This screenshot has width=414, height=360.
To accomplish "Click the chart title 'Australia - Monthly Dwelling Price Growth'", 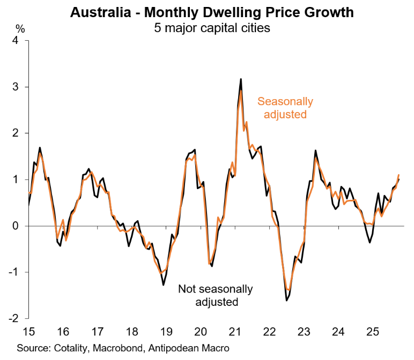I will point(212,12).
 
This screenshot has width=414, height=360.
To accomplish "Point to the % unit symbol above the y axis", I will point(20,28).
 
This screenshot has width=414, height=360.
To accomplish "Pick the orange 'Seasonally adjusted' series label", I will point(285,108).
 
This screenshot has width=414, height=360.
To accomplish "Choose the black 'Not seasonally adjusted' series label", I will point(216,295).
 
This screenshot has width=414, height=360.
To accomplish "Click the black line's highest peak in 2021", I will point(241,79).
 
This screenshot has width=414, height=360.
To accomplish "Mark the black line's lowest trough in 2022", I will point(286,301).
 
